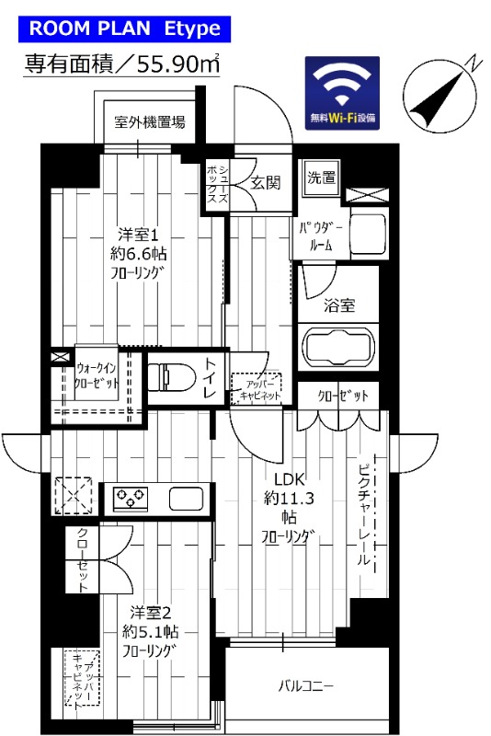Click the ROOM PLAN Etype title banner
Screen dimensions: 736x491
coord(124,29)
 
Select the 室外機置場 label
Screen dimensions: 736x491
coord(149,121)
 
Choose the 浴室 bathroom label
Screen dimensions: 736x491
coord(339,305)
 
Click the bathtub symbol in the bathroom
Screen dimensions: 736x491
coord(338,349)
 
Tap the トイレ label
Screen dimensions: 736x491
coord(211,377)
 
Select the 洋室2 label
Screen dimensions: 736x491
coord(150,612)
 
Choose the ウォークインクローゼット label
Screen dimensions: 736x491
coord(97,376)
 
